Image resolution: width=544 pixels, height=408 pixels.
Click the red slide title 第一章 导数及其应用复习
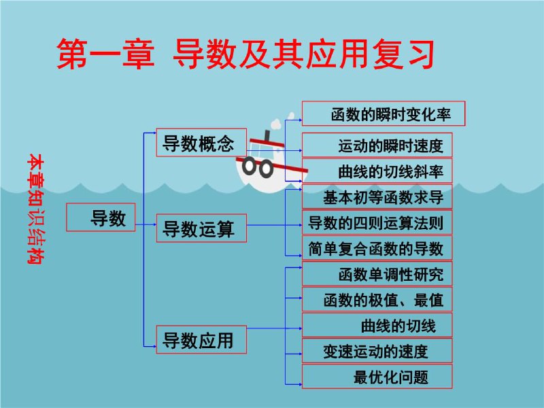[245, 54]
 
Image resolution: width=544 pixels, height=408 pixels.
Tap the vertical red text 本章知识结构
[36, 209]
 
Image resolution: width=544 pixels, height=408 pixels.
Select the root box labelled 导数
[101, 218]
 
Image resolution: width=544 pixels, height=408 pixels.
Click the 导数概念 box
[201, 142]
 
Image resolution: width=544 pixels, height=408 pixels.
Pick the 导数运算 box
[201, 228]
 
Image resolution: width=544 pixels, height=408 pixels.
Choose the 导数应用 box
[201, 339]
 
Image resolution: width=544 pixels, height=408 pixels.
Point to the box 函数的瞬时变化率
[384, 114]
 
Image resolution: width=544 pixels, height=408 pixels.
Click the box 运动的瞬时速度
[377, 145]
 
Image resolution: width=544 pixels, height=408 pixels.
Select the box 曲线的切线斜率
[377, 171]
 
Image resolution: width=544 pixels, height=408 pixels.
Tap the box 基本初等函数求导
[377, 197]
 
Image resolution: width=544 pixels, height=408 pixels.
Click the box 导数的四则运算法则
[377, 222]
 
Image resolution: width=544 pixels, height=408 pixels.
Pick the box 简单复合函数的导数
[377, 248]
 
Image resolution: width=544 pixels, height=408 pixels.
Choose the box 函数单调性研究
[377, 274]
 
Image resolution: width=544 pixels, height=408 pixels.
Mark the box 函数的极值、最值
[377, 299]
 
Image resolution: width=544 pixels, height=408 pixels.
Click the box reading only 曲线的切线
[377, 325]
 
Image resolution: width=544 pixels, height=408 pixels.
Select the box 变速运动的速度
[377, 351]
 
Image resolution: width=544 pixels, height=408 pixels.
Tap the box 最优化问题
[377, 377]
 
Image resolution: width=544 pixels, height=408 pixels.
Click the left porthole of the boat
[250, 166]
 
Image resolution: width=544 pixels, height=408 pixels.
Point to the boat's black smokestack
[267, 135]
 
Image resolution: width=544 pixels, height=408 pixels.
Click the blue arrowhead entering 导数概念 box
[154, 133]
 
